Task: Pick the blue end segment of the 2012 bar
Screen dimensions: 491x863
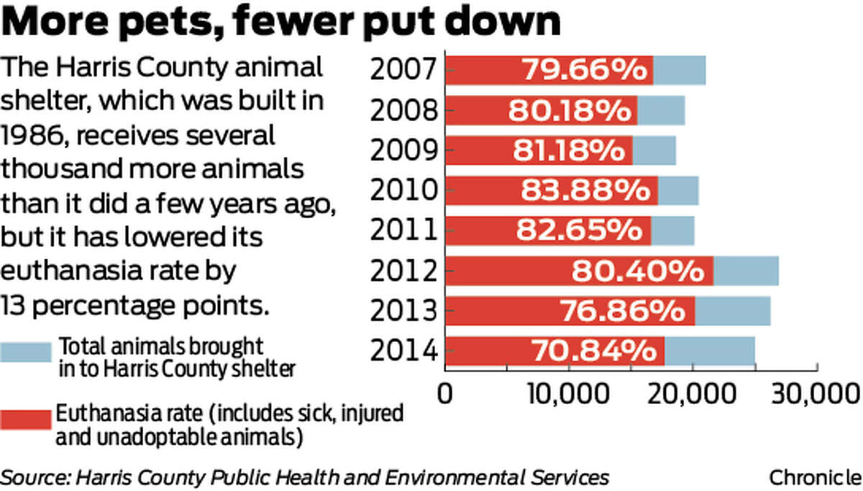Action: click(746, 271)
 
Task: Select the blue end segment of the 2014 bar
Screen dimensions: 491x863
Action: click(710, 351)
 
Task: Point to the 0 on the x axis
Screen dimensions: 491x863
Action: click(446, 395)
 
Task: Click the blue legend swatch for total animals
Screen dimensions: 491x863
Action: click(26, 352)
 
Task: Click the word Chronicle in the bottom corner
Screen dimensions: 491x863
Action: click(815, 477)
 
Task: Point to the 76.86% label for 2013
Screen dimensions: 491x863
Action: click(621, 310)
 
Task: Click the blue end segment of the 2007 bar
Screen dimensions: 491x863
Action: click(680, 70)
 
